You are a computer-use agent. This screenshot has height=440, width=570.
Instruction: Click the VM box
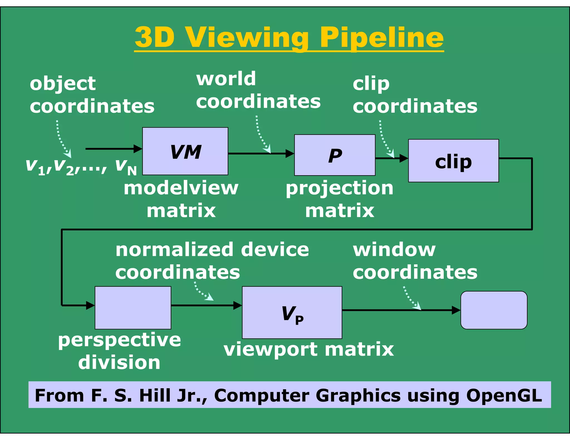click(185, 151)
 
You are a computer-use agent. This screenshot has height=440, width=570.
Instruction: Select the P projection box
click(335, 155)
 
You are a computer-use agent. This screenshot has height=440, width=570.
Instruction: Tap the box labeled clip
click(453, 161)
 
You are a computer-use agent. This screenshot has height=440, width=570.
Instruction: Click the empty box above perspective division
click(133, 308)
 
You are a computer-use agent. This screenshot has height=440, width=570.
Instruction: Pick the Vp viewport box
click(292, 312)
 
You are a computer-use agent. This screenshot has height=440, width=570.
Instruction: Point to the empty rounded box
click(494, 310)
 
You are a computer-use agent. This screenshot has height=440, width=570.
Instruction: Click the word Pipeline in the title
click(382, 38)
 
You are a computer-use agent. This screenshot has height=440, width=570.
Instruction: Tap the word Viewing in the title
click(247, 38)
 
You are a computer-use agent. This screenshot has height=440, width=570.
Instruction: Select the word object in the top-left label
click(63, 83)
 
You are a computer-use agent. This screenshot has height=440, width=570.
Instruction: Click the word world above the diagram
click(226, 79)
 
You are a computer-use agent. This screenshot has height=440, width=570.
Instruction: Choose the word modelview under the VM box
click(181, 188)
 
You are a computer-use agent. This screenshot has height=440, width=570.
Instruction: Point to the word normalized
click(174, 249)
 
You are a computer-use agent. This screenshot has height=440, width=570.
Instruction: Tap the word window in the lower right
click(394, 249)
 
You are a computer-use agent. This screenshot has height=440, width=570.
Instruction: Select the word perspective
click(119, 340)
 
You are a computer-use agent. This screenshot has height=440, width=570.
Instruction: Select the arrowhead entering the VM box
click(138, 149)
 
